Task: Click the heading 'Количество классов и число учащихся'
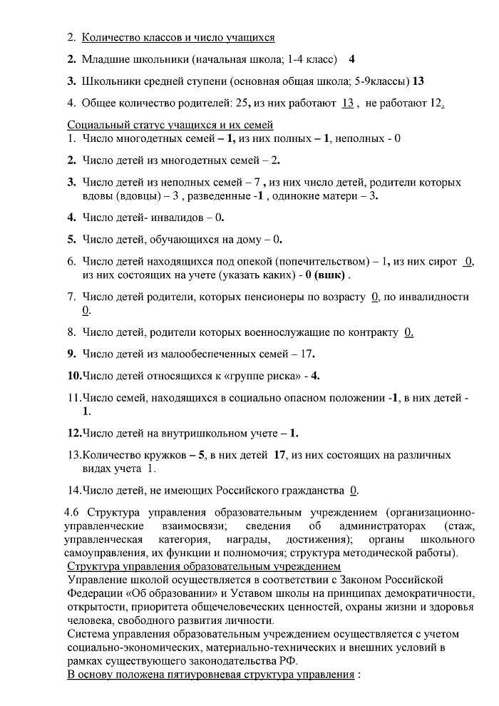(x=178, y=37)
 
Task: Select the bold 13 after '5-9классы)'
(x=418, y=81)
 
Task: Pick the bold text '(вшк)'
(x=332, y=275)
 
